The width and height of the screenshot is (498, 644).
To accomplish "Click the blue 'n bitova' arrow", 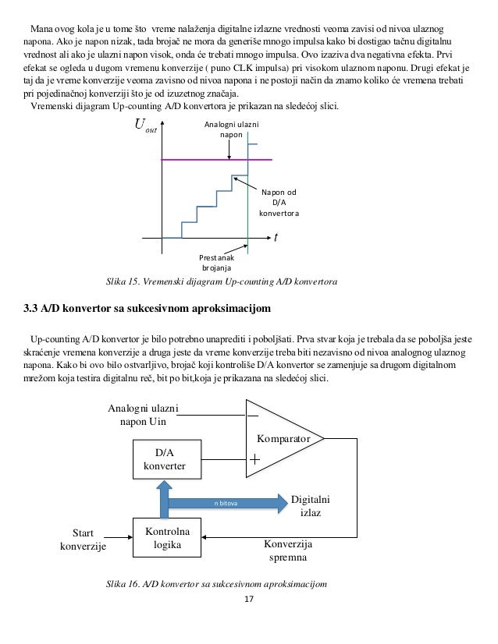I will pyautogui.click(x=226, y=504).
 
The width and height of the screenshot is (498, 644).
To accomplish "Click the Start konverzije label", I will pyautogui.click(x=82, y=540).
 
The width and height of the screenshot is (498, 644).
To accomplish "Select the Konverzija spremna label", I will pyautogui.click(x=288, y=551).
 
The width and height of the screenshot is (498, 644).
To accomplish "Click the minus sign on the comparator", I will pyautogui.click(x=253, y=416).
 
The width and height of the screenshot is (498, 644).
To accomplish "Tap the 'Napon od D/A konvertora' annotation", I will pyautogui.click(x=279, y=201).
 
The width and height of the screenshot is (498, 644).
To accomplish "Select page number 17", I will pyautogui.click(x=249, y=600).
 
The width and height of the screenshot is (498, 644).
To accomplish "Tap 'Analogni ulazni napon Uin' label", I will pyautogui.click(x=143, y=415).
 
